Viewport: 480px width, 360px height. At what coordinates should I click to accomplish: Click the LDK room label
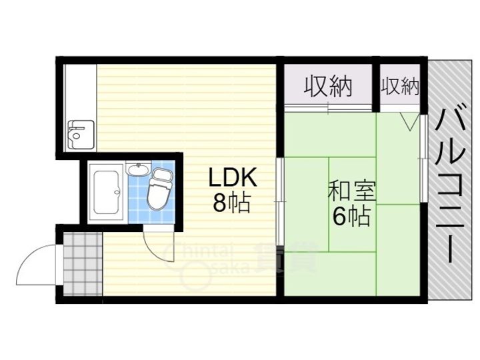(x=231, y=178)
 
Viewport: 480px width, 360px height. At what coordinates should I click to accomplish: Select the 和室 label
(x=351, y=191)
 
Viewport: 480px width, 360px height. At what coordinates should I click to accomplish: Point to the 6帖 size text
(x=351, y=217)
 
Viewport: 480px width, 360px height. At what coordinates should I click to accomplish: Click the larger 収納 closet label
(x=328, y=87)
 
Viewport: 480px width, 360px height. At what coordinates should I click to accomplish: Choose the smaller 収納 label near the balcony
(x=401, y=87)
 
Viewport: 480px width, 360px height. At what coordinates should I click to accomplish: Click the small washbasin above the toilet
(x=138, y=169)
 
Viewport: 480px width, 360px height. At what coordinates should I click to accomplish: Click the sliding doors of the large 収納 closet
(x=328, y=107)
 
